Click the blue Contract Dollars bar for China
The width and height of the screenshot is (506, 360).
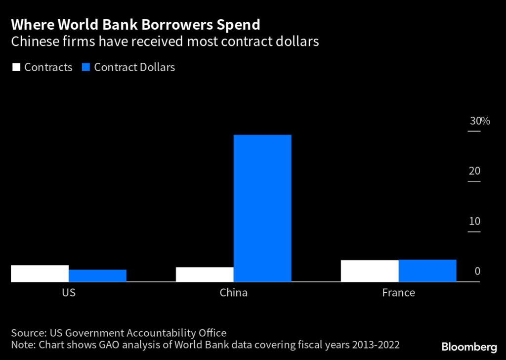[x=262, y=208]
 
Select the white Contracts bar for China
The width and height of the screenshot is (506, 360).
[x=205, y=274]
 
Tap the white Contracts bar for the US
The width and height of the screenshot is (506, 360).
[x=40, y=273]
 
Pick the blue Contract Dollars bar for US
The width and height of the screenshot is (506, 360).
[x=97, y=275]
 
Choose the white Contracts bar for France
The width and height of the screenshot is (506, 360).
[x=370, y=271]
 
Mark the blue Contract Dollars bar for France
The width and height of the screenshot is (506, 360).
[x=427, y=270]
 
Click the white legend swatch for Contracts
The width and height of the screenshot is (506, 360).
[x=16, y=67]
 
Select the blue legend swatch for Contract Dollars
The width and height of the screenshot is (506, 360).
[x=85, y=67]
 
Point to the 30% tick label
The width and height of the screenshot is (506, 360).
[x=479, y=121]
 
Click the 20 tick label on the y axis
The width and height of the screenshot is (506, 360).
[x=474, y=171]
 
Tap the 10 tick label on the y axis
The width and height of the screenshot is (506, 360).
[x=474, y=221]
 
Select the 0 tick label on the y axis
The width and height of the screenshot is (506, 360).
[x=477, y=271]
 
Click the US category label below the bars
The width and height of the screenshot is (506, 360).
[x=69, y=293]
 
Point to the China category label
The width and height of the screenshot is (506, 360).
[x=233, y=293]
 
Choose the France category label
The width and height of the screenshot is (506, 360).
[x=398, y=293]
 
